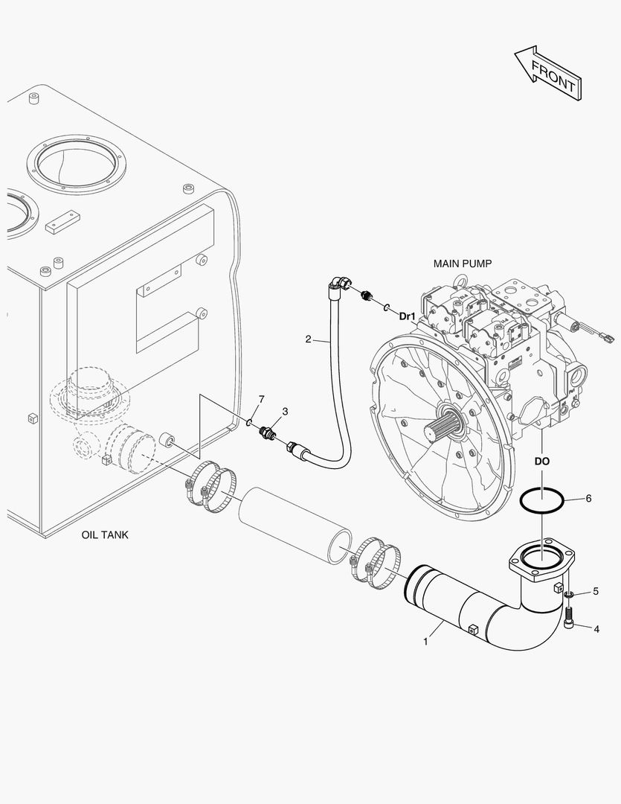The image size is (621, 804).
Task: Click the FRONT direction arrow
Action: coord(547,72)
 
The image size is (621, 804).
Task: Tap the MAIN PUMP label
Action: coord(462,264)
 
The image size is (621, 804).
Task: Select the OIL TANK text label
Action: coord(105,535)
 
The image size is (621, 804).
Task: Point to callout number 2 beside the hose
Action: coord(308,339)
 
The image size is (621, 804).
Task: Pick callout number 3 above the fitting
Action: coord(285,411)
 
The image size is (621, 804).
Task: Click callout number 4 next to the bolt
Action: coord(596,628)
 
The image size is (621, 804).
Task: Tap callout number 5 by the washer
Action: coord(596,592)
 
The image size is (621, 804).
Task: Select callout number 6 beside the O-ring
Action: coord(588,498)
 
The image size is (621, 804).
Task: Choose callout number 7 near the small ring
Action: coord(261,400)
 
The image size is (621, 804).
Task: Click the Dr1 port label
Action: coord(407,316)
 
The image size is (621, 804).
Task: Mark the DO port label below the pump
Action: coord(542,462)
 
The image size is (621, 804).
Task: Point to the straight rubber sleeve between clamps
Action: coord(295,525)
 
